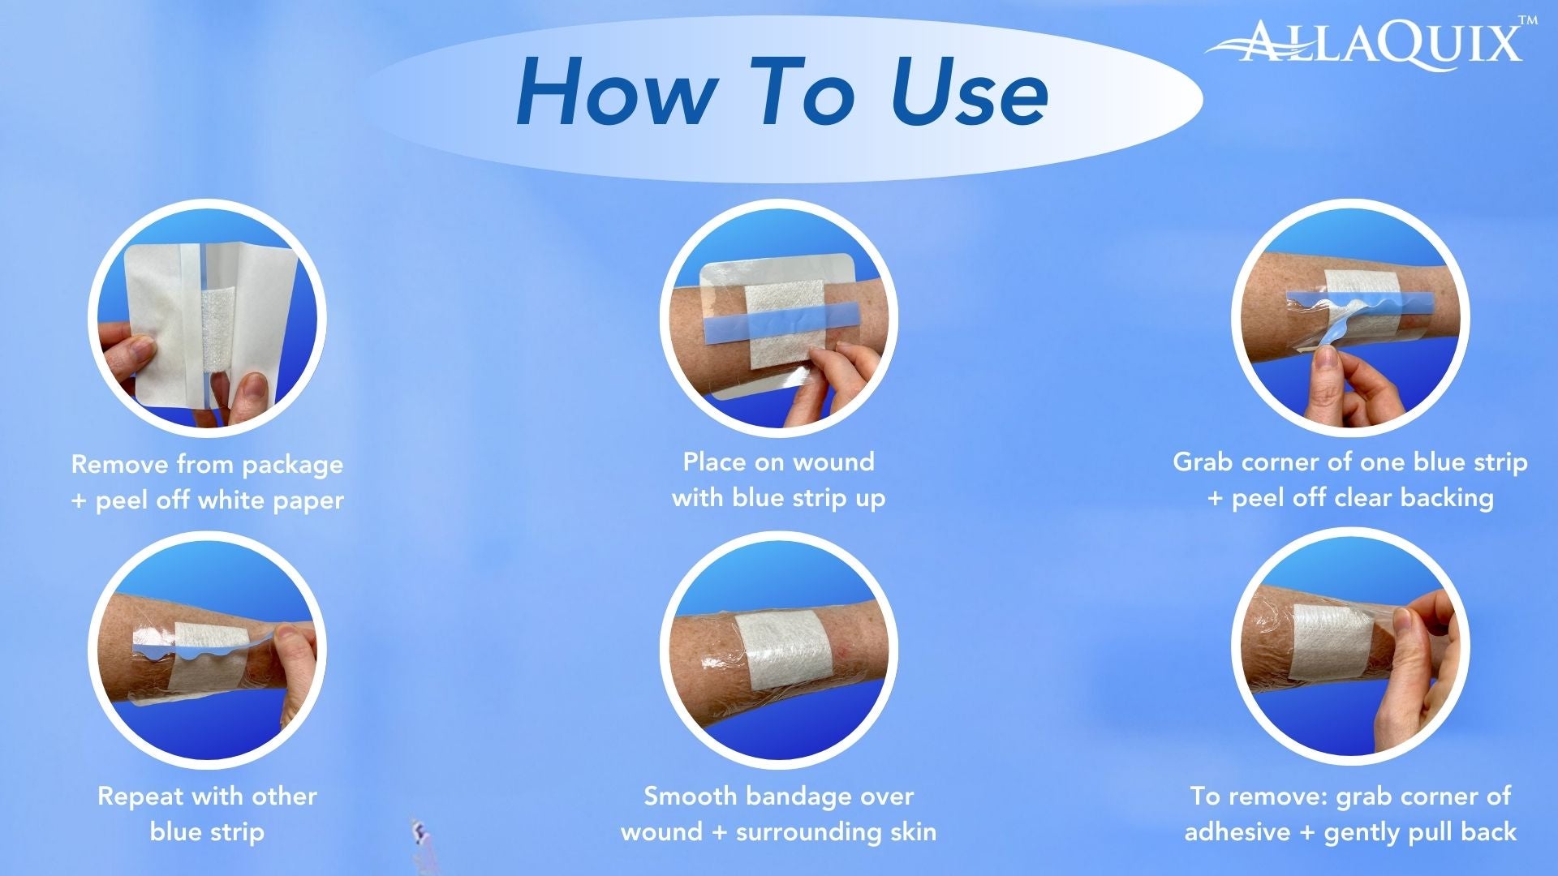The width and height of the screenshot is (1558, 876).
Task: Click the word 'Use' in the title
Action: pyautogui.click(x=969, y=92)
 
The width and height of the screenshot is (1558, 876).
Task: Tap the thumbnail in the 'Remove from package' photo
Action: pyautogui.click(x=253, y=389)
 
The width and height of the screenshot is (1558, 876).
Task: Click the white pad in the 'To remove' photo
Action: pyautogui.click(x=1329, y=642)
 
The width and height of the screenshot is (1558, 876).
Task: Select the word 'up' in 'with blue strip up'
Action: pyautogui.click(x=870, y=499)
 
